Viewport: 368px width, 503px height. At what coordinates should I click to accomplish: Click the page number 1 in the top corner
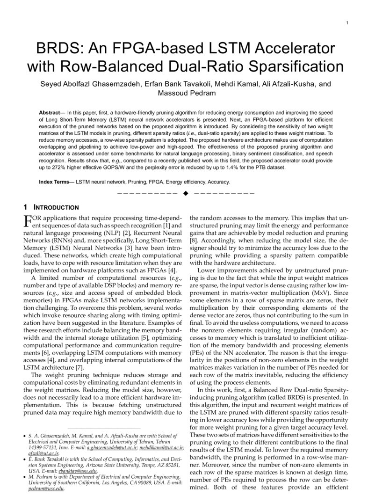(346, 23)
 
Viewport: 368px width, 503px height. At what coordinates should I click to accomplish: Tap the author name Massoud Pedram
(184, 93)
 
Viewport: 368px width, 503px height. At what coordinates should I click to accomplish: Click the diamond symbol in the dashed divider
(185, 193)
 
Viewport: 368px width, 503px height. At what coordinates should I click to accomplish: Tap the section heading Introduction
(56, 207)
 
